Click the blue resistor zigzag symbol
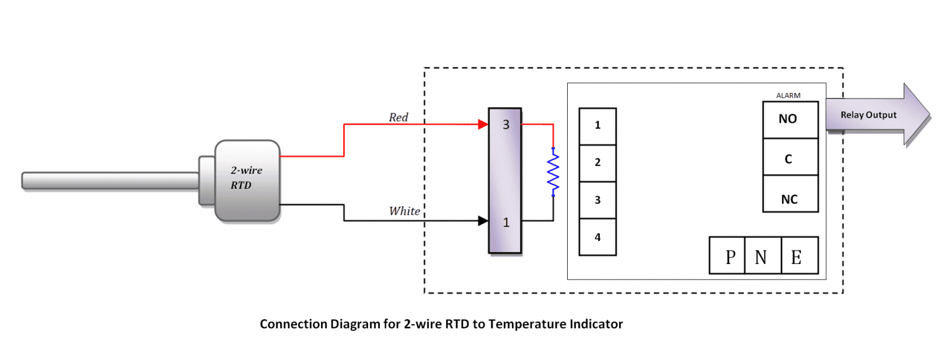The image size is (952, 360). click(553, 172)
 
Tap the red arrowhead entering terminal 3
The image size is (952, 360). click(483, 125)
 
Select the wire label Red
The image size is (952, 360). click(399, 117)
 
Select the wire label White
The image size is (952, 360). click(404, 211)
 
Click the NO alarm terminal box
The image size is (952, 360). click(790, 119)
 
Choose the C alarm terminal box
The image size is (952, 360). click(790, 159)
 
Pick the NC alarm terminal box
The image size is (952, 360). click(790, 200)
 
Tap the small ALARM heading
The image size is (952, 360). click(788, 95)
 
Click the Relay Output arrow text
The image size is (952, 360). click(868, 115)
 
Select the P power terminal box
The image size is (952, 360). click(729, 256)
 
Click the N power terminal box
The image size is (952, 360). click(761, 256)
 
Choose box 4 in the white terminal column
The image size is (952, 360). click(597, 237)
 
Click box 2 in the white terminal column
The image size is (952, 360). click(597, 162)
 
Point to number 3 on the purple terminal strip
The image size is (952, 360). click(506, 125)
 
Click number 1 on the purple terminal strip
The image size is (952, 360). click(506, 222)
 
